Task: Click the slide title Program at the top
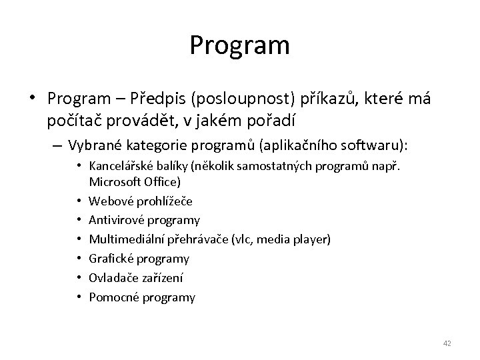[x=239, y=45]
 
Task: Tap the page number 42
[x=447, y=343]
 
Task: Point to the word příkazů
[x=309, y=99]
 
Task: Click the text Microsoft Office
[x=134, y=181]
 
